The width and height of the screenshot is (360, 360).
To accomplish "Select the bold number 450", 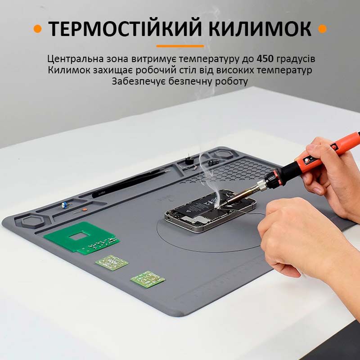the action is (265, 59).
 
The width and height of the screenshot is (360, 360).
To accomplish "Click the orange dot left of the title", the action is (38, 29).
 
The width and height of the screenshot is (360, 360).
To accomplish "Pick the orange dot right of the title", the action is (322, 29).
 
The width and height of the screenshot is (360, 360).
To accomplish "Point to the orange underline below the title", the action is (180, 46).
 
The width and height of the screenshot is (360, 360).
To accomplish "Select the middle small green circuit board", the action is (112, 262).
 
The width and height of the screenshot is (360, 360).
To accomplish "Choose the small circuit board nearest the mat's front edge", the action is (148, 279).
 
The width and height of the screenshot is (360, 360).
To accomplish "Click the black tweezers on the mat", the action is (131, 184).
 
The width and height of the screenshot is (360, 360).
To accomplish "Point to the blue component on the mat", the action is (65, 205).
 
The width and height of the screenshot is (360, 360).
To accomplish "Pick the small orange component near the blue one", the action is (84, 210).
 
